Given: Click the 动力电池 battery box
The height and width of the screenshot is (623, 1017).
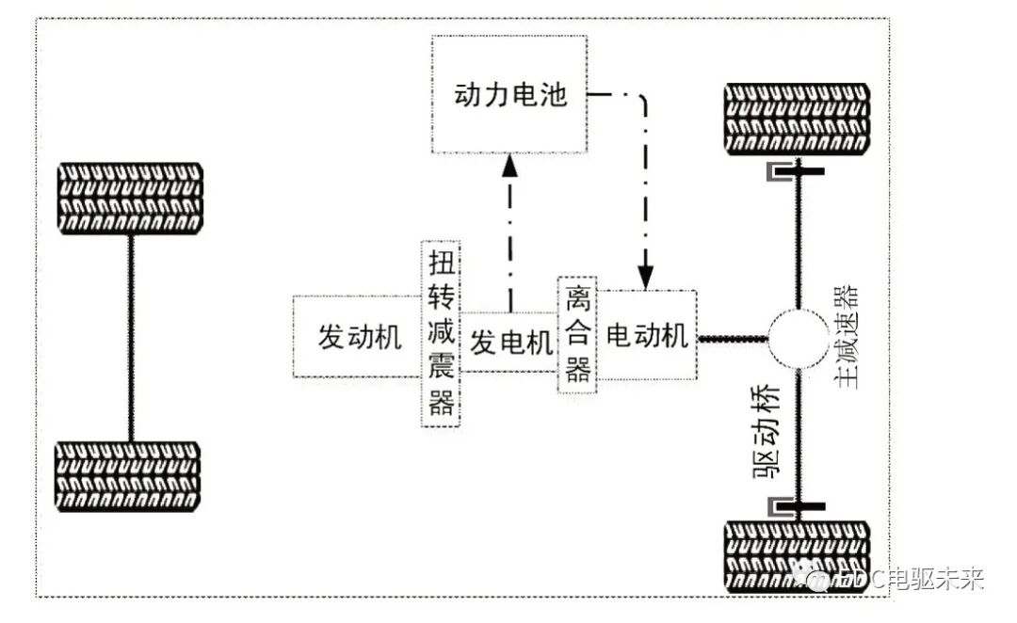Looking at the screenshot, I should click(x=509, y=95).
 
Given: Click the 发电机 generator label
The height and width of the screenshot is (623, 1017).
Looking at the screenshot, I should click(x=510, y=343).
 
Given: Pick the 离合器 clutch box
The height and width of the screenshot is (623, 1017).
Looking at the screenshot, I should click(x=577, y=335).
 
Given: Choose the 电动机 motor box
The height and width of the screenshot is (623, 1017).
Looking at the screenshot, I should click(x=648, y=335).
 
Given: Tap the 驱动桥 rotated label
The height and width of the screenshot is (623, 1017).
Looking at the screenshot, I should click(x=767, y=432).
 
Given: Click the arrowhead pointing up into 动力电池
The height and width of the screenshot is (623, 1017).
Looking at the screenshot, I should click(x=509, y=167).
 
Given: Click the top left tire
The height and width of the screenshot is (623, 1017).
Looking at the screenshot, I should click(x=131, y=199).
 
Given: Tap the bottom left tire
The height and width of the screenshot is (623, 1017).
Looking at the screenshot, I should click(x=131, y=476).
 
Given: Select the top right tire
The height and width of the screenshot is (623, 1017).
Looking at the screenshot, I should click(x=797, y=120).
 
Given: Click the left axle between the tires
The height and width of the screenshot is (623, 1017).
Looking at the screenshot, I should click(x=131, y=337).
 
